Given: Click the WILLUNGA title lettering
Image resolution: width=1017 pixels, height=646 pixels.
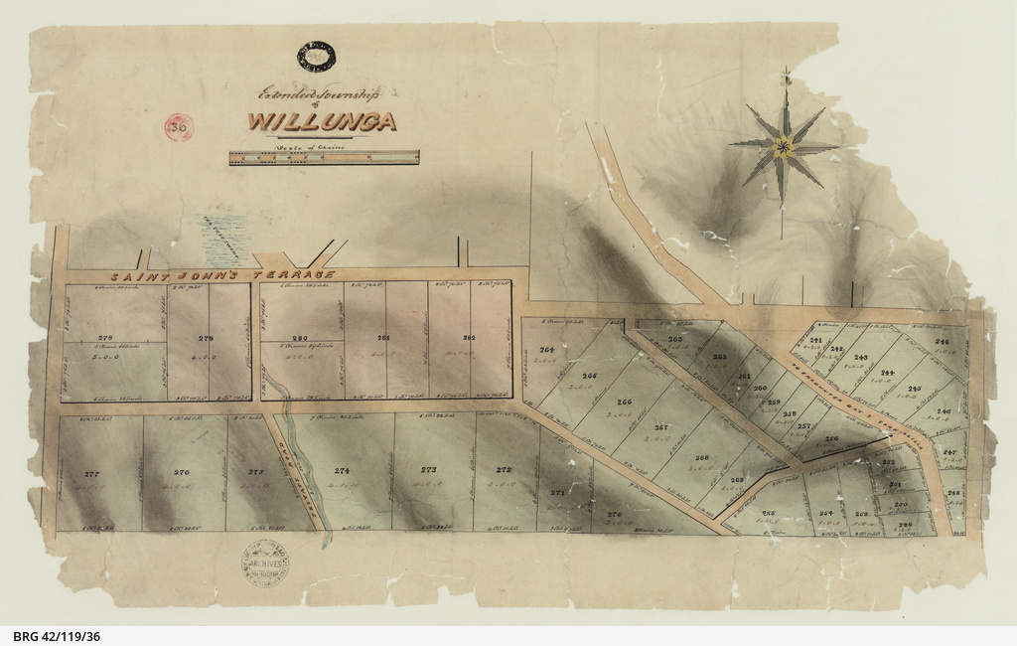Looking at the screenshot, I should [322, 122].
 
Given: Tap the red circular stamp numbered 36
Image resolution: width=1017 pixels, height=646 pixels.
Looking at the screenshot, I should [179, 126].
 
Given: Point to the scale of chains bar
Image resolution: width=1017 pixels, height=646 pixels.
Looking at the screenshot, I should [324, 157].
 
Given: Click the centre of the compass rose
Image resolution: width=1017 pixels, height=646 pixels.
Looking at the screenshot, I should [785, 148].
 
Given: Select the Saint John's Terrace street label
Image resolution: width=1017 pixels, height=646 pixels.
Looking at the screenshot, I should [222, 275].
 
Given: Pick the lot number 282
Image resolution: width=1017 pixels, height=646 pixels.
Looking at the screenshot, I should [469, 338].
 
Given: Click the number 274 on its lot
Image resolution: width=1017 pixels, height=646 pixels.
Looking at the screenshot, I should [342, 471].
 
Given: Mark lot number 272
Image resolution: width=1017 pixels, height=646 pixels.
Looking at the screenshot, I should [504, 470].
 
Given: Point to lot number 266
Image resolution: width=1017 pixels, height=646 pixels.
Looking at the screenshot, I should [624, 403].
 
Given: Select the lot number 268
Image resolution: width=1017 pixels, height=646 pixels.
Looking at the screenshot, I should [701, 458].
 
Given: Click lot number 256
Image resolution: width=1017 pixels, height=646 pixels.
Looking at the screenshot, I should [831, 438].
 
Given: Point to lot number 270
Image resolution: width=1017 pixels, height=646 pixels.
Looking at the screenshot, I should [614, 514].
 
